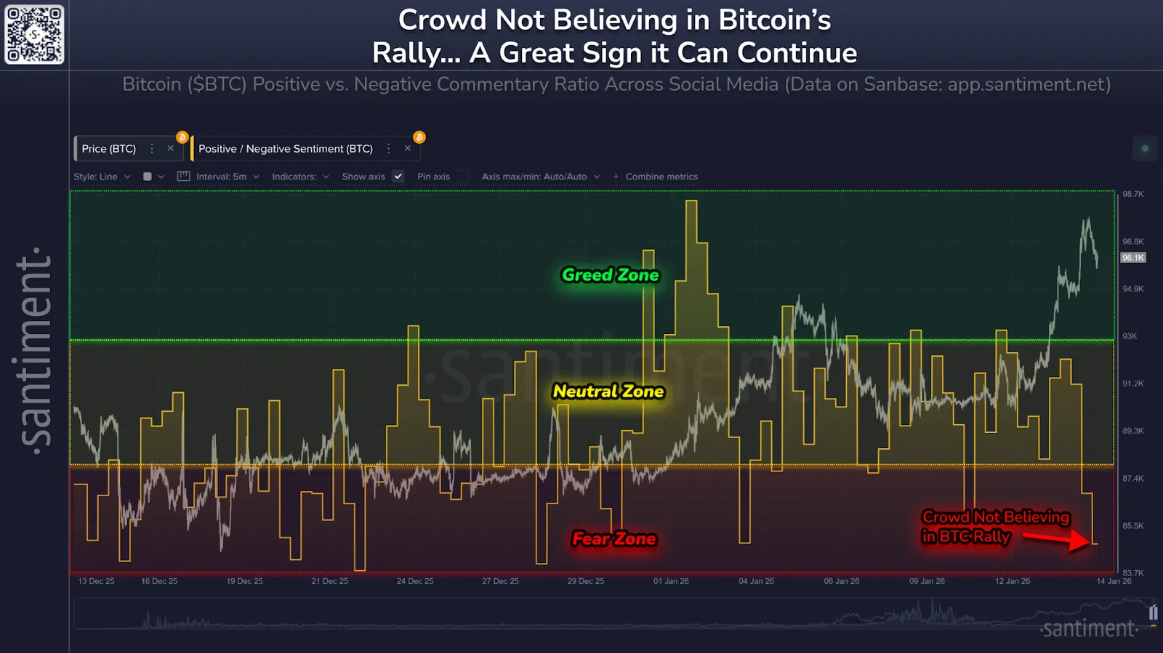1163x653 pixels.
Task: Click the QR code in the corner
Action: pyautogui.click(x=34, y=34)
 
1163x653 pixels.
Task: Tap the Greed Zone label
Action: pyautogui.click(x=610, y=275)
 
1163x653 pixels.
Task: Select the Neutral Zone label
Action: pyautogui.click(x=608, y=392)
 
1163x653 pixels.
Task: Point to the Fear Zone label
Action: pyautogui.click(x=614, y=539)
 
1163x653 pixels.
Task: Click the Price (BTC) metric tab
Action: pyautogui.click(x=109, y=149)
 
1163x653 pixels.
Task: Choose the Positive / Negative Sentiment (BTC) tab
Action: pyautogui.click(x=286, y=149)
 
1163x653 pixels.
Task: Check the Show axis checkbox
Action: pyautogui.click(x=398, y=177)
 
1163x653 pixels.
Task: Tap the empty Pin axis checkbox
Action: pyautogui.click(x=462, y=177)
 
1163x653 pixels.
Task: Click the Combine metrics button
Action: pyautogui.click(x=655, y=177)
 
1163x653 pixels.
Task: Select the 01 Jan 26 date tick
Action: pyautogui.click(x=671, y=581)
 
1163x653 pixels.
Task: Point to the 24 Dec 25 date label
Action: pyautogui.click(x=415, y=581)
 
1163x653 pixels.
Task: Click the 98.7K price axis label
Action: pyautogui.click(x=1132, y=194)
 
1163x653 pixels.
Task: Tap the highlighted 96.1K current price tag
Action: pyautogui.click(x=1132, y=258)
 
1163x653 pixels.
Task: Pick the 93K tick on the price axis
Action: pyautogui.click(x=1130, y=336)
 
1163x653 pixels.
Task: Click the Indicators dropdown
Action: pyautogui.click(x=300, y=177)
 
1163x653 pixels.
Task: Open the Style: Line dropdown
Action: pyautogui.click(x=102, y=177)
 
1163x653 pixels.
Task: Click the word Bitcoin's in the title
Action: pyautogui.click(x=774, y=20)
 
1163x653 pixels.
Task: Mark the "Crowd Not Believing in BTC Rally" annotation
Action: pyautogui.click(x=995, y=527)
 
